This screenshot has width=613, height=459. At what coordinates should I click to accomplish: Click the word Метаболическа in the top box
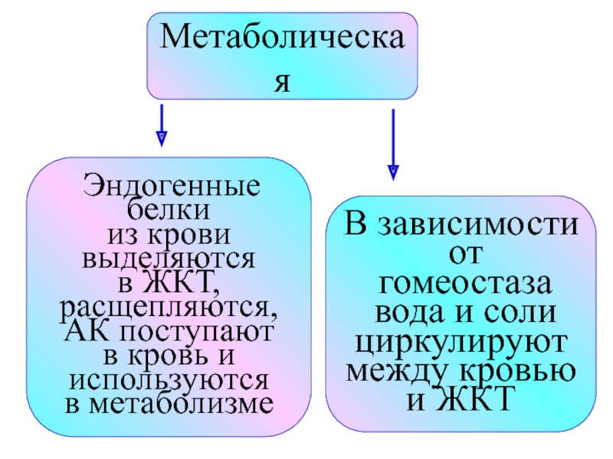[x=282, y=37]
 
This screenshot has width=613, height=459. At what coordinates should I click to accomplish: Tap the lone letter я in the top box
[x=282, y=83]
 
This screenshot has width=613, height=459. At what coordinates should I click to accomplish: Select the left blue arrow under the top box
[x=162, y=125]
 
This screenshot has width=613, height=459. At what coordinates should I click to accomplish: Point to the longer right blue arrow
[x=393, y=145]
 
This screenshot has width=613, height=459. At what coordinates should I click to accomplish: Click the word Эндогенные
[x=172, y=186]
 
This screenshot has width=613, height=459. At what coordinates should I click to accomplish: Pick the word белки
[x=169, y=209]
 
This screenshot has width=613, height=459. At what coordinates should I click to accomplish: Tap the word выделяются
[x=169, y=259]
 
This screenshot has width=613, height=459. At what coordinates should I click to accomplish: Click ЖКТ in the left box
[x=180, y=282]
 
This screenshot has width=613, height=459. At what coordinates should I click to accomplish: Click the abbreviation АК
[x=87, y=331]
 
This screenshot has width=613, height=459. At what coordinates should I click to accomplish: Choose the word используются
[x=169, y=380]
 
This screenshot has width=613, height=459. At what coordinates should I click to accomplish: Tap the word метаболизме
[x=182, y=404]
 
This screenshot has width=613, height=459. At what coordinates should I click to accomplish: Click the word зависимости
[x=477, y=224]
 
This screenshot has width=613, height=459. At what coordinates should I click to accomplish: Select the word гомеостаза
[x=465, y=283]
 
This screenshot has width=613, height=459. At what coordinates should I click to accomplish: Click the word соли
[x=520, y=312]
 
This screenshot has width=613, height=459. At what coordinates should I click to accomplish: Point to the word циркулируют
[x=461, y=343]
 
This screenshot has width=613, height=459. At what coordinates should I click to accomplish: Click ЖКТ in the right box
[x=474, y=399]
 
